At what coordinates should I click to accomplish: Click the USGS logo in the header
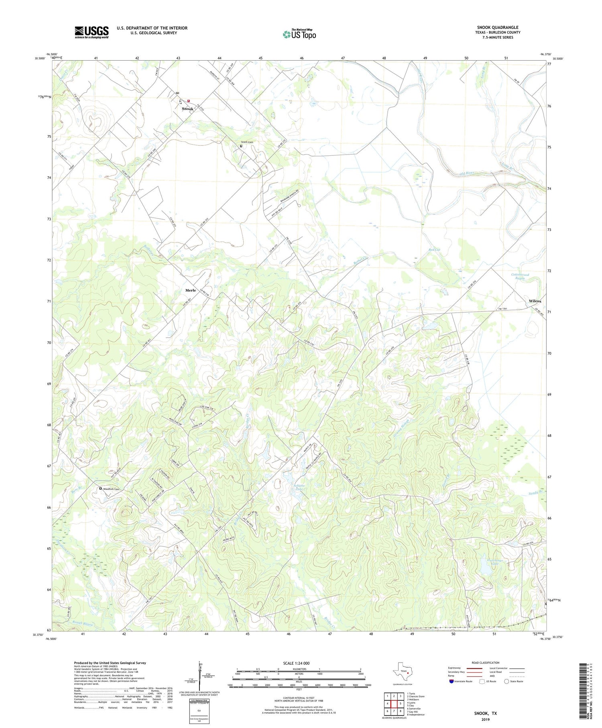[92, 32]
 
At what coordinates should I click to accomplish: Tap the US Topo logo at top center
[299, 34]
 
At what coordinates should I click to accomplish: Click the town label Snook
[187, 109]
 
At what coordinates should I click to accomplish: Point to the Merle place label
[191, 290]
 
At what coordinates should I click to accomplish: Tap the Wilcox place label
[535, 301]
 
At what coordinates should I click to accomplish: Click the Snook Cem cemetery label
[247, 142]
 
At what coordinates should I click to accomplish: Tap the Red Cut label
[434, 250]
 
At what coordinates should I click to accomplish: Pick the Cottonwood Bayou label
[520, 277]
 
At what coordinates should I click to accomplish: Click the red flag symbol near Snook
[189, 101]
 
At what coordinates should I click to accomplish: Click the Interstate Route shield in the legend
[451, 681]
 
